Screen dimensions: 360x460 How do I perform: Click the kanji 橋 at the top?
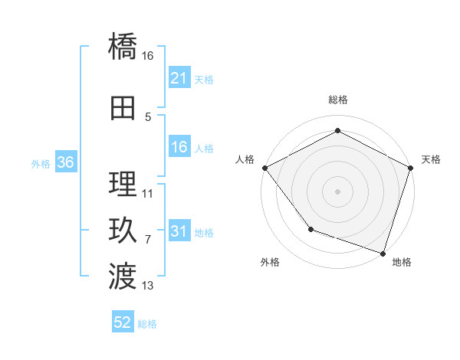pyautogui.click(x=123, y=47)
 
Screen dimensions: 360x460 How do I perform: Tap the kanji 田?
pyautogui.click(x=123, y=109)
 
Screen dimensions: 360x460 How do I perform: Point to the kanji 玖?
pyautogui.click(x=123, y=231)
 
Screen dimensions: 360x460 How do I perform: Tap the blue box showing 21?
pyautogui.click(x=179, y=78)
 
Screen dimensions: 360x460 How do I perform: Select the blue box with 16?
pyautogui.click(x=179, y=148)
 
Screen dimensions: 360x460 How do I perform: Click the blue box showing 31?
pyautogui.click(x=179, y=232)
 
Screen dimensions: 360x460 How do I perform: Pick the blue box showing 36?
pyautogui.click(x=65, y=162)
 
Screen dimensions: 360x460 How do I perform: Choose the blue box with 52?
pyautogui.click(x=123, y=323)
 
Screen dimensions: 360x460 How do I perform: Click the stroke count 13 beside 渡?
pyautogui.click(x=148, y=286)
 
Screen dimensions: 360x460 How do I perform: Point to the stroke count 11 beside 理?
pyautogui.click(x=148, y=194)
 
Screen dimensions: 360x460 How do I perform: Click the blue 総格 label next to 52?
pyautogui.click(x=147, y=324)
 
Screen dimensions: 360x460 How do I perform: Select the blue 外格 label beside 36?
pyautogui.click(x=41, y=163)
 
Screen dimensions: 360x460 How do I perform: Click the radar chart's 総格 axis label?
pyautogui.click(x=337, y=100)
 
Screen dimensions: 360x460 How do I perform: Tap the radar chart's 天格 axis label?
pyautogui.click(x=431, y=159)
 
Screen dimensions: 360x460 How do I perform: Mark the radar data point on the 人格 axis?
pyautogui.click(x=264, y=168)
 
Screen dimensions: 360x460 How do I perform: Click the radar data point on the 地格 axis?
pyautogui.click(x=383, y=252)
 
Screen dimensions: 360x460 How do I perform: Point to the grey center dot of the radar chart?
pyautogui.click(x=337, y=191)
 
